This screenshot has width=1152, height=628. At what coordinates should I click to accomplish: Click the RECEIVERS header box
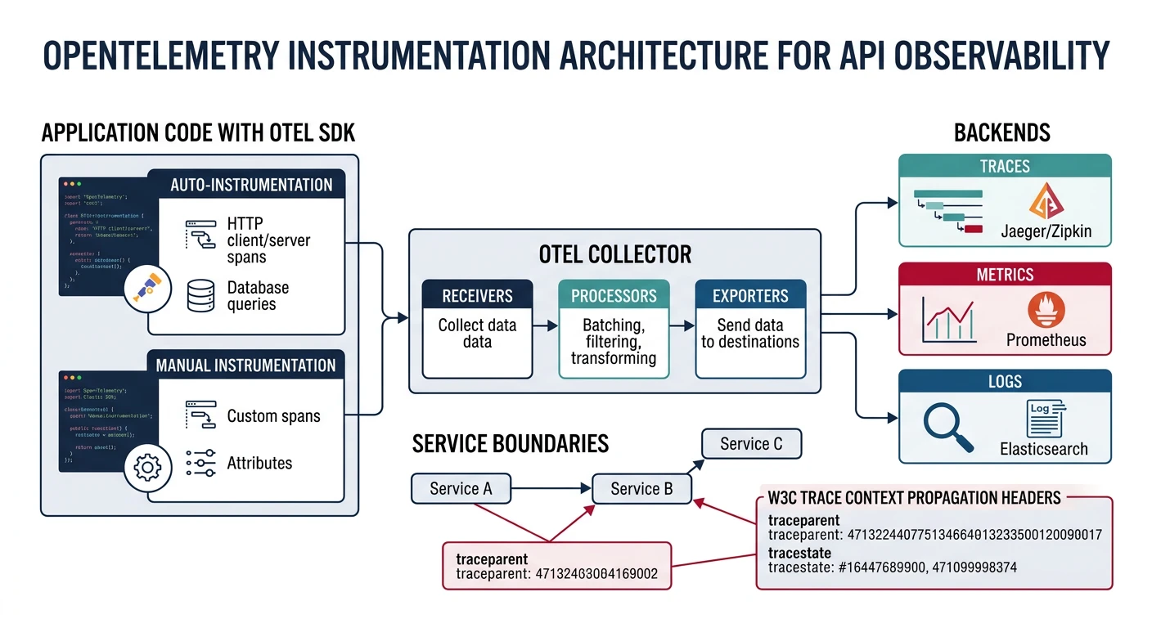coord(477,295)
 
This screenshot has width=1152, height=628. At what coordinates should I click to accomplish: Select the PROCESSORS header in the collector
coord(614,295)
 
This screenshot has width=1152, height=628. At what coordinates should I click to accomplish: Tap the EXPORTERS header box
coord(750,295)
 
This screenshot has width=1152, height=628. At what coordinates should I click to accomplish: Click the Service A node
coord(461,489)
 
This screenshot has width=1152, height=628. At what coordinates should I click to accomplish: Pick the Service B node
coord(641,489)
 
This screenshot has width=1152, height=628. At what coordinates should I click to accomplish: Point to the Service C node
coord(751,444)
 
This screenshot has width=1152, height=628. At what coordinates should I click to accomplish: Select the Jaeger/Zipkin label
coord(1046,231)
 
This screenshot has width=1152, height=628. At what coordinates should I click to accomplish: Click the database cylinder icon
coord(201,296)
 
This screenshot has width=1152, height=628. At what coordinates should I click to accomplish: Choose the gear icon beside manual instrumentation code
coord(147,468)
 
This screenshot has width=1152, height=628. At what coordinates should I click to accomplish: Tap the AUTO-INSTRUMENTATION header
coord(251,184)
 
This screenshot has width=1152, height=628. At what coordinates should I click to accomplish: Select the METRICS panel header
coord(1005,275)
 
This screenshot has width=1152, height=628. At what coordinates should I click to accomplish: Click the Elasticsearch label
coord(1044,449)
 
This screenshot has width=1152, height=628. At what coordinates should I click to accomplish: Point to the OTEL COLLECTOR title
coord(614,253)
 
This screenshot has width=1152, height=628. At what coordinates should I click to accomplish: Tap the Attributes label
coord(259,463)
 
